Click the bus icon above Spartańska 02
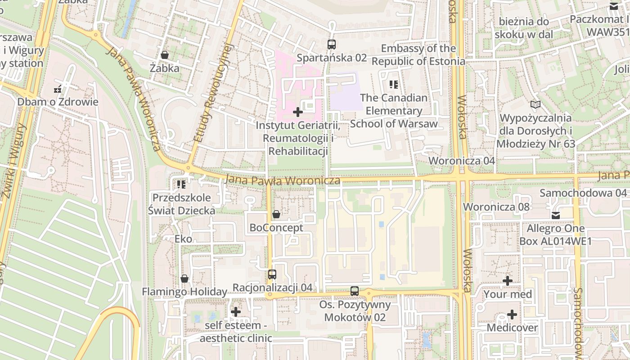pos(332,44)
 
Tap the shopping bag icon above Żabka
pos(165,55)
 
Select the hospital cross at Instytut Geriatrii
pos(298,112)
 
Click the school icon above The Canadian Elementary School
pos(394,84)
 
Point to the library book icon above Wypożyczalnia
pos(535,105)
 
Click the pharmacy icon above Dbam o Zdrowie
pos(58,89)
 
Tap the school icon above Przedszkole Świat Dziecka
pos(181,184)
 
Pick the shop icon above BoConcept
pos(276,214)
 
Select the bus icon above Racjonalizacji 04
pos(272,274)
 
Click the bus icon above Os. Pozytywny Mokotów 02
pos(355,291)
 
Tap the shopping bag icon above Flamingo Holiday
pos(184,279)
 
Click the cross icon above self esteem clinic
pos(236,311)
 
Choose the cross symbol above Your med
pos(508,281)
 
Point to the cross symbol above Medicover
pos(512,314)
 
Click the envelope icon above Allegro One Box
pos(556,215)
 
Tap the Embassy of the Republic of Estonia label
pos(418,55)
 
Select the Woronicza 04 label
pos(462,161)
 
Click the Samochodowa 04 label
pos(583,193)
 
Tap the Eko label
pos(183,239)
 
